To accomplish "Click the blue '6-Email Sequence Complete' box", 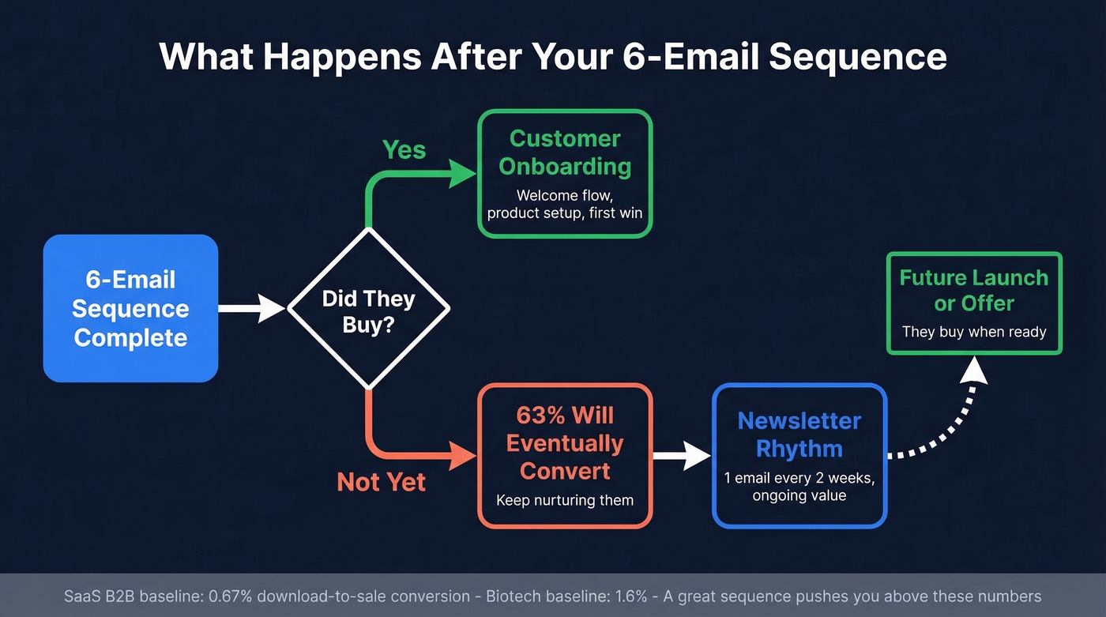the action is click(131, 308).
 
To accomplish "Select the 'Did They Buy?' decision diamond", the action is click(369, 308).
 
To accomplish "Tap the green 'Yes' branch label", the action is click(404, 149).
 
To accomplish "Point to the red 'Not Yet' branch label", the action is click(381, 482).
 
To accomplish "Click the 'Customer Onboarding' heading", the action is click(565, 152).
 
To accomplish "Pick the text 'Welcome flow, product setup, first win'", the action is click(565, 204).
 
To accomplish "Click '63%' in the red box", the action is click(540, 416).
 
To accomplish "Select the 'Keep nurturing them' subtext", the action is click(565, 500).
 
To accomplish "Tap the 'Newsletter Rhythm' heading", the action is click(799, 435).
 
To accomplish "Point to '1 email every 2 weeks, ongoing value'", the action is click(799, 487).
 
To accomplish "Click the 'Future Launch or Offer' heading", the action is click(974, 290).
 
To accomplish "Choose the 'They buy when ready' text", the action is click(974, 332).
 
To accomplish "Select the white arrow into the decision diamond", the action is click(252, 308).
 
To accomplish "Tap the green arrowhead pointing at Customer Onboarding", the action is click(462, 174).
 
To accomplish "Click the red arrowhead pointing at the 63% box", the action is click(462, 456).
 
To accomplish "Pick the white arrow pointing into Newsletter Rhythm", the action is click(682, 456).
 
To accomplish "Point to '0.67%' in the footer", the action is click(230, 596).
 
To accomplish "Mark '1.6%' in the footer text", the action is click(631, 596).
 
